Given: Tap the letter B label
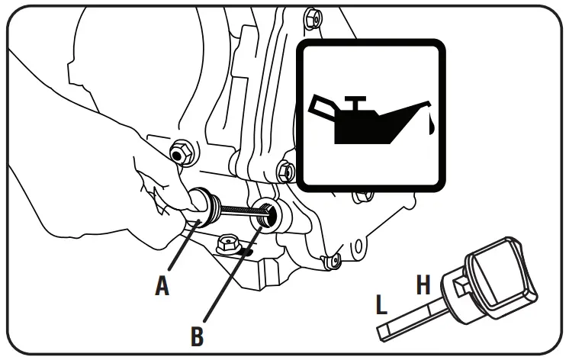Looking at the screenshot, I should [197, 336].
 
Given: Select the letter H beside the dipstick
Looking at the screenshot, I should [424, 284].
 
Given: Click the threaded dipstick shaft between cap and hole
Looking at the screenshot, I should [237, 211].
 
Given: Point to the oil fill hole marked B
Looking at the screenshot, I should [268, 214].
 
